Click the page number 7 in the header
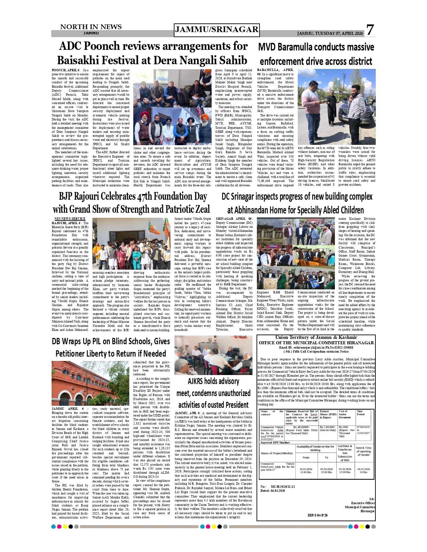[369, 30]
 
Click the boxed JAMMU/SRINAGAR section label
[217, 30]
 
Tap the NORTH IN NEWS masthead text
[91, 27]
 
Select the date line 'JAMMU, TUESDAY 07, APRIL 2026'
[330, 33]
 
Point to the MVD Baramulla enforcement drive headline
[316, 54]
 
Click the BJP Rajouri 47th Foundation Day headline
[131, 203]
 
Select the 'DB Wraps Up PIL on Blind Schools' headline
[111, 347]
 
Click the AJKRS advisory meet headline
[213, 393]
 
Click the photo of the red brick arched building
[90, 383]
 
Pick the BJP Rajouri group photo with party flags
[131, 244]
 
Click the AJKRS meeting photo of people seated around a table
[213, 355]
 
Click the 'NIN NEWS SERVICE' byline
[70, 219]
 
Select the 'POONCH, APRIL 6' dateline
[66, 70]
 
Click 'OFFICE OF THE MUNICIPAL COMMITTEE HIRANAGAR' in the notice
[316, 343]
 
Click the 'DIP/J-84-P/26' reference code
[317, 515]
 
